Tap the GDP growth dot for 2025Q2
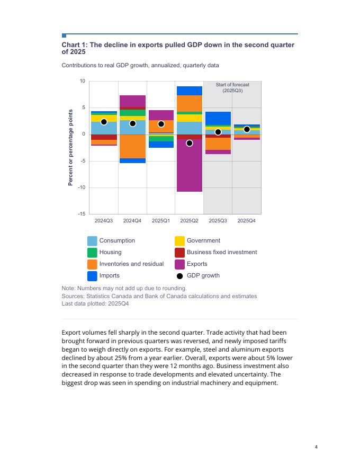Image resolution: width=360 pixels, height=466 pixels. pos(190,143)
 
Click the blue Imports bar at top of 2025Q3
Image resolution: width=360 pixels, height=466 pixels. pos(218,118)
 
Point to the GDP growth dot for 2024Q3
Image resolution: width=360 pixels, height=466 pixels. pos(104,122)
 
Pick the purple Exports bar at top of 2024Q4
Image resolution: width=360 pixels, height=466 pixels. pos(132,101)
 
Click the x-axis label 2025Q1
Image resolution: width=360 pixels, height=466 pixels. pos(161,220)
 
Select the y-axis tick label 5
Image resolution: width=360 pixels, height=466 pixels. pos(83,107)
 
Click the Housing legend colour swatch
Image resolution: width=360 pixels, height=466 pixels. pos(92,252)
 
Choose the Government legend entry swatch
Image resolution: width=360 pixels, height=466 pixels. pos(179,240)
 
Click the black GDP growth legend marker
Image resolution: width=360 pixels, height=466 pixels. pos(179,276)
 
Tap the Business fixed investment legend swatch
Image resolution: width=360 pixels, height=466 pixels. pos(179,252)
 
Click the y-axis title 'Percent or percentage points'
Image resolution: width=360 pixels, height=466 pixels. pos(70,147)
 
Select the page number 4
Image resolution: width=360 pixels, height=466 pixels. pos(316,447)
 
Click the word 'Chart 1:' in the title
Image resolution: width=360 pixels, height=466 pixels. pos(75,45)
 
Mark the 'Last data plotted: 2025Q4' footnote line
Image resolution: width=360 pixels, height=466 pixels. pos(95,304)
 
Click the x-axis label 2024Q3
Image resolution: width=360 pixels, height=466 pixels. pos(104,220)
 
